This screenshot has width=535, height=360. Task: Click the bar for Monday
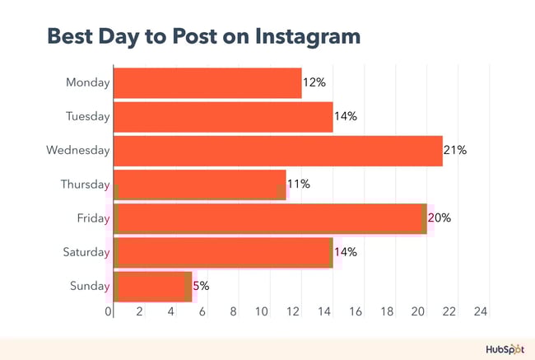point(207,83)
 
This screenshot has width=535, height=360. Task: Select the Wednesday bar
point(277,151)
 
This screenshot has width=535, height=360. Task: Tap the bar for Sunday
point(152,286)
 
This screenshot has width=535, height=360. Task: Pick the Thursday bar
point(199,185)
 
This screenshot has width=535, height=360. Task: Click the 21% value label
point(455,151)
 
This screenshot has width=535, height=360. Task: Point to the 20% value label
point(440,218)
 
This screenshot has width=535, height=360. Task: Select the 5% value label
point(201,286)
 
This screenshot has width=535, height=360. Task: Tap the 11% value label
point(298,185)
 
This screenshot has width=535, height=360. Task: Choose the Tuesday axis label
point(87,117)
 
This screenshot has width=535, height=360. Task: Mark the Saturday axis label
point(86,252)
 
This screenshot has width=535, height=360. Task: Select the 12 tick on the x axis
point(294,312)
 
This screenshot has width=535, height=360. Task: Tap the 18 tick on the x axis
point(388,312)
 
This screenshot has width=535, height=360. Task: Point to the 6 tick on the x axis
point(202,312)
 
